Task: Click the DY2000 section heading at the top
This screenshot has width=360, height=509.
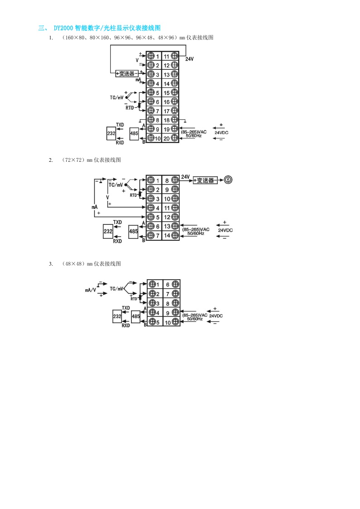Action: [100, 28]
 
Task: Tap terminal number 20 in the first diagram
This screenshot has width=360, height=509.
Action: [166, 138]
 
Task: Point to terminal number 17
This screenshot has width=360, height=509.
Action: [166, 111]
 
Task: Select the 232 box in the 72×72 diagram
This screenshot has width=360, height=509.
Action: [108, 232]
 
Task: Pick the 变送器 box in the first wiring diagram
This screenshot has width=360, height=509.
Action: [127, 73]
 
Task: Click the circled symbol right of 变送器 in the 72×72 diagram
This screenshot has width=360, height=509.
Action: [229, 180]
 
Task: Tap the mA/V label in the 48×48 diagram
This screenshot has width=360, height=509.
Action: [90, 290]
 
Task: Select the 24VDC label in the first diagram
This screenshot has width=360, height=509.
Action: [221, 132]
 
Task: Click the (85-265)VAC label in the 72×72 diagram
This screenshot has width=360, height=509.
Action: [196, 230]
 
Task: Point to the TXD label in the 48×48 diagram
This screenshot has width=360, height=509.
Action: [126, 308]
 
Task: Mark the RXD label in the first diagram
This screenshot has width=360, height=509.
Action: [120, 143]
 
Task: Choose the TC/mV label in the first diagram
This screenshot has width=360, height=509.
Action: [117, 97]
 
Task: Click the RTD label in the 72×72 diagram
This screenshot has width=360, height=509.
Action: [133, 194]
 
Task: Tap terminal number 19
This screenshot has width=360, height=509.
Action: [166, 129]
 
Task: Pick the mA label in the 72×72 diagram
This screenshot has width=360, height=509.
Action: [95, 207]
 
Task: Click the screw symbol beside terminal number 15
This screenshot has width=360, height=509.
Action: [175, 92]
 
